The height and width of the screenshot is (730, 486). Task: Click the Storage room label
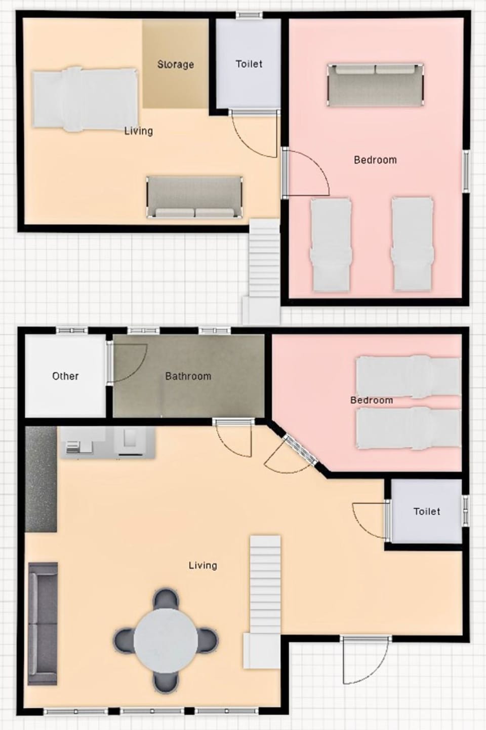tap(175, 64)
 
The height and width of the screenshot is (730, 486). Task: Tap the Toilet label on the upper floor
tap(249, 64)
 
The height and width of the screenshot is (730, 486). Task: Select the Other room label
tap(65, 376)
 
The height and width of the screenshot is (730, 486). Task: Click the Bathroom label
tap(188, 376)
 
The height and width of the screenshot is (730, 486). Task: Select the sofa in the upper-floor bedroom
tap(375, 85)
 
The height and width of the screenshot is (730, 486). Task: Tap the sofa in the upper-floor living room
tap(194, 197)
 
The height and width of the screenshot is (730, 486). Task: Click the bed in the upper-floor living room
tap(85, 99)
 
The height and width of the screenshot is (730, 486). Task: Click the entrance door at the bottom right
tap(364, 659)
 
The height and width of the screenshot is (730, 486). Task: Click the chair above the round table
tap(166, 599)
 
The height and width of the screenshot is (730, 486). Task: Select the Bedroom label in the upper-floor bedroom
tap(375, 160)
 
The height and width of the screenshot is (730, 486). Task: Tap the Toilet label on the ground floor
tap(426, 512)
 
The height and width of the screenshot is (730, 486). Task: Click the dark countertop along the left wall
tap(40, 479)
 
